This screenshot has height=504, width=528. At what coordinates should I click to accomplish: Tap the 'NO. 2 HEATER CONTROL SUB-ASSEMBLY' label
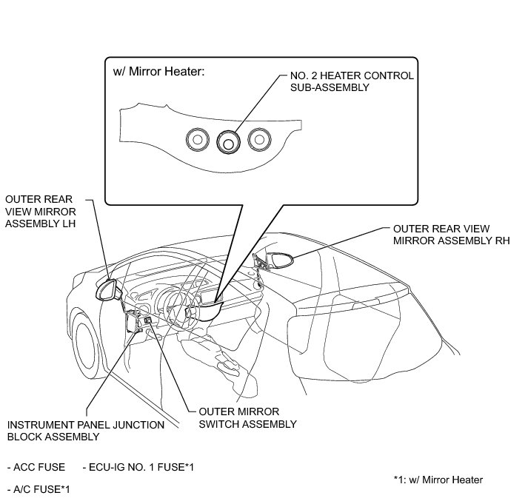click(x=346, y=81)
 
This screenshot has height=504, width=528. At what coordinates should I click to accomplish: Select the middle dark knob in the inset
click(x=228, y=141)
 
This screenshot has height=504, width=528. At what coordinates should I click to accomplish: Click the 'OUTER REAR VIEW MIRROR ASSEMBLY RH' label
click(x=451, y=235)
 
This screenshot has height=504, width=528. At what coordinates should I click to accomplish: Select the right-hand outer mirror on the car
click(x=282, y=260)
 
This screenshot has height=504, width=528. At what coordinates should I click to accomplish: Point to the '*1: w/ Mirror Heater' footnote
click(x=438, y=480)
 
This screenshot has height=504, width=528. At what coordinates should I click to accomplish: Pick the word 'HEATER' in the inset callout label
click(x=341, y=76)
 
